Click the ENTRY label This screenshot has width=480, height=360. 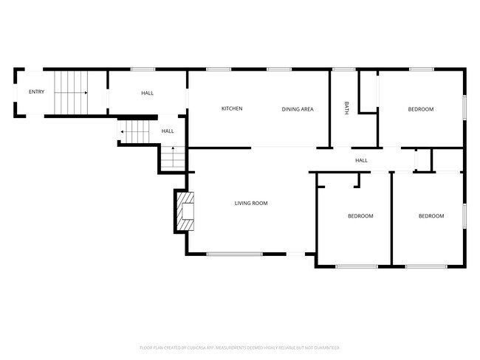coord(36,92)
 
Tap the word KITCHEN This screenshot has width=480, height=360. coord(232,109)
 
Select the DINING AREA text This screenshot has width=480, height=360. coord(298,109)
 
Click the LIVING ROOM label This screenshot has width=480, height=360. coord(251,203)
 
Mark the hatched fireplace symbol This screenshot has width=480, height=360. coord(184,210)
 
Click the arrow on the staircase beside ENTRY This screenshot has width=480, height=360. coord(85,93)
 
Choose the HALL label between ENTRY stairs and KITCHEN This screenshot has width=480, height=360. coord(148,93)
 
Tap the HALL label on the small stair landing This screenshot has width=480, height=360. coord(168,131)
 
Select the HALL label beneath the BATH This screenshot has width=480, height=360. coord(361,160)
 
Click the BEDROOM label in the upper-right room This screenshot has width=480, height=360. coord(421,109)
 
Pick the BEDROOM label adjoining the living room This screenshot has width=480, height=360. coord(360,216)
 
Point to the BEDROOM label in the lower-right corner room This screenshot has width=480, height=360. coord(431,216)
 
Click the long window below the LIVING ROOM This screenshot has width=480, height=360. coord(234,255)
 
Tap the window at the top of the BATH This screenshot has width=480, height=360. coord(343,69)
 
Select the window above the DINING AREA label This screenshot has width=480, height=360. coord(278,69)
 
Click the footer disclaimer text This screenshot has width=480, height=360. coord(239,347)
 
